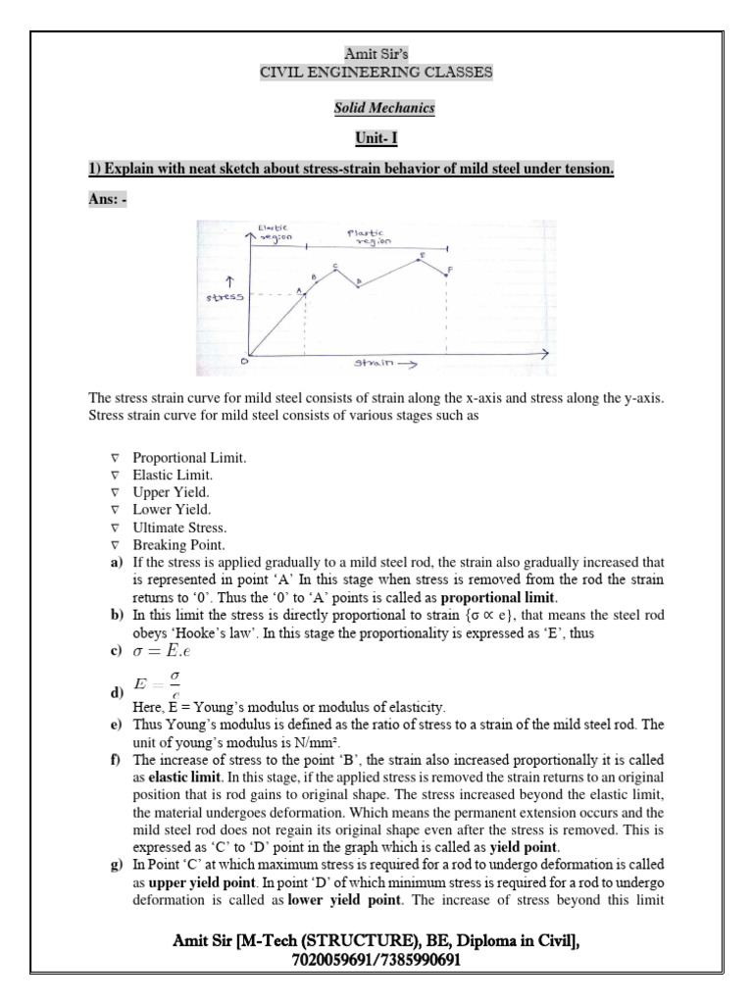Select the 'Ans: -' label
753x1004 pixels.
pyautogui.click(x=108, y=199)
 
